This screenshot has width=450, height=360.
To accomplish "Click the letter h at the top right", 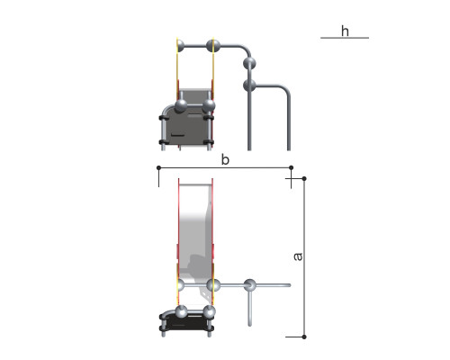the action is click(345, 31).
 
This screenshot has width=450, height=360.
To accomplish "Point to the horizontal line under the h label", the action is click(345, 38).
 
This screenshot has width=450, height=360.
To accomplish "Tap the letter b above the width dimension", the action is click(225, 159).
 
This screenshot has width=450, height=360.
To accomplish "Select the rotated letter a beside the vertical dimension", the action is click(298, 256).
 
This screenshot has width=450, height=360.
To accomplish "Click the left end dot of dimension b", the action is click(158, 167).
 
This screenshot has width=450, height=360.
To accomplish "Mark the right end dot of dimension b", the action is click(291, 167).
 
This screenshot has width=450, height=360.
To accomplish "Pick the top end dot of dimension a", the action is click(304, 179).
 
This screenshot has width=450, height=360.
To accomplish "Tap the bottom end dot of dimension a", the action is click(304, 337).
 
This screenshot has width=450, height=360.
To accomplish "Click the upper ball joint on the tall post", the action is click(249, 64).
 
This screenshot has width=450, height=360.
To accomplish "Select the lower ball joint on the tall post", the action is click(249, 85).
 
